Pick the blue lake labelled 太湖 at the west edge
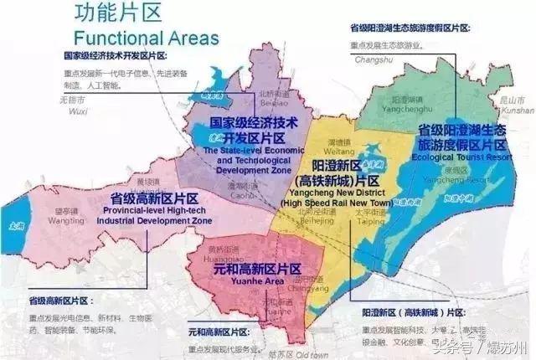[x=11, y=224]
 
